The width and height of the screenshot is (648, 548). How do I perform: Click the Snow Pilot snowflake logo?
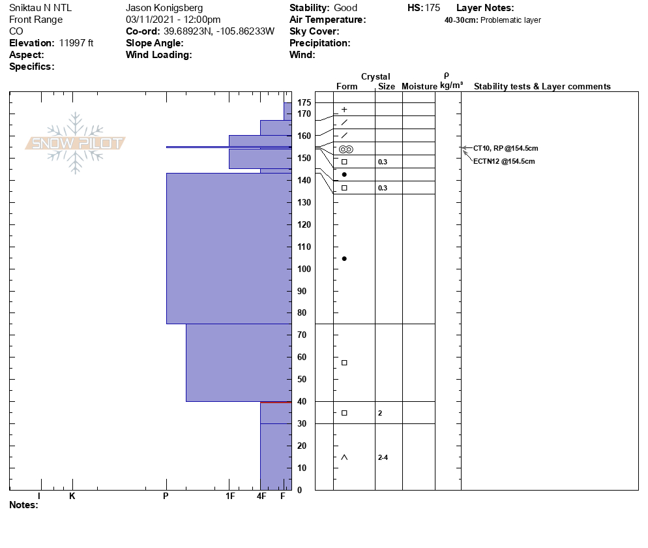[76, 143]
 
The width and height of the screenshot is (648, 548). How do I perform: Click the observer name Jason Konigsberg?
[164, 8]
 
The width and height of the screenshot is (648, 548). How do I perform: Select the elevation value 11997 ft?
[76, 43]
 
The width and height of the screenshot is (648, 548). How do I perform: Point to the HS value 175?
[432, 8]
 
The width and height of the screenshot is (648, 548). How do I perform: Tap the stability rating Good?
[345, 8]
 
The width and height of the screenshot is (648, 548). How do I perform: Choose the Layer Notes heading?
[485, 8]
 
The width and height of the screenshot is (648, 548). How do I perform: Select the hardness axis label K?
[72, 496]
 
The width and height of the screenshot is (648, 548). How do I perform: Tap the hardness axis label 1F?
[230, 496]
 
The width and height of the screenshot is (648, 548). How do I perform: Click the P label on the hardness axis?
[166, 496]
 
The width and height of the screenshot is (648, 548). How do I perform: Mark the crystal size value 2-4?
[383, 457]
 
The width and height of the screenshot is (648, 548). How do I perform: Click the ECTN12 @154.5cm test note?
[504, 161]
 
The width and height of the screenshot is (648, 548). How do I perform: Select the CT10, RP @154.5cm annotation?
[505, 148]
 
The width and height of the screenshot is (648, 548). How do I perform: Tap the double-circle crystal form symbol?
[346, 149]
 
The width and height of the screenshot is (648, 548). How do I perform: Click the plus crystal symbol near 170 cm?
[344, 110]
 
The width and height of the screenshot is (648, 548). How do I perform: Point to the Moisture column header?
[419, 86]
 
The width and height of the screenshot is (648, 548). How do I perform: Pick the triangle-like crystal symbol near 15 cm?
[344, 457]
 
